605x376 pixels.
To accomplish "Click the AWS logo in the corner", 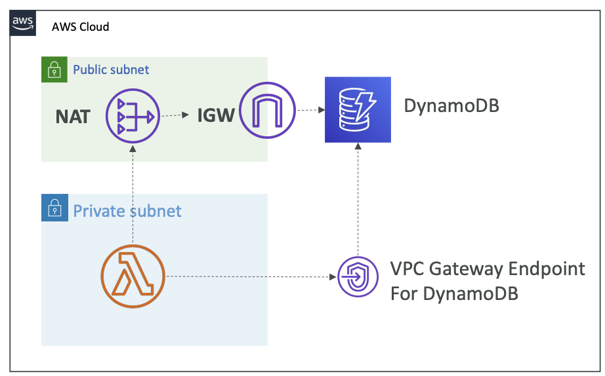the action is point(23,23).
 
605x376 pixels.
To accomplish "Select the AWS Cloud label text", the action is point(81,27).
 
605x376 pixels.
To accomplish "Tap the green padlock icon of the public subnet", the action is point(54,69).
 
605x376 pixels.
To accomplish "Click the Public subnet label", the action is point(111,69).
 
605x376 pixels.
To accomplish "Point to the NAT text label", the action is point(73,117).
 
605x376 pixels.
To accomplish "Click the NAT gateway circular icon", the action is point(133,116).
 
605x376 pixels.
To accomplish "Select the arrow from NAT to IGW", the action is point(175,115).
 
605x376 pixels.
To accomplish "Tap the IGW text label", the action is point(216,115).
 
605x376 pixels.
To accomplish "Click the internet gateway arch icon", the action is point(267,111).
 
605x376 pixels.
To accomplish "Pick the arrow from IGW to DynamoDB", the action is point(310,110).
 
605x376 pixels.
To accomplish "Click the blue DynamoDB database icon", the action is point(358,110).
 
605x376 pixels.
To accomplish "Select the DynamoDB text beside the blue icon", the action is point(451,106).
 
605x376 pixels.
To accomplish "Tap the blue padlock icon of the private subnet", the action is point(54,208).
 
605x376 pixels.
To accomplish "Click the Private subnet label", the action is point(127,211).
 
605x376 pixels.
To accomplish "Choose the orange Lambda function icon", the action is point(133,276).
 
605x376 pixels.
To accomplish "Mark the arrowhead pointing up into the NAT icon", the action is point(133,148).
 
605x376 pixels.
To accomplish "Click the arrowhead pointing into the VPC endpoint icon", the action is point(333,277).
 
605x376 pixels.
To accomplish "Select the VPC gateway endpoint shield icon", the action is point(358,276).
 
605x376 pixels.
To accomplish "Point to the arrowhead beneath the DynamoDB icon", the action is point(358,146).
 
